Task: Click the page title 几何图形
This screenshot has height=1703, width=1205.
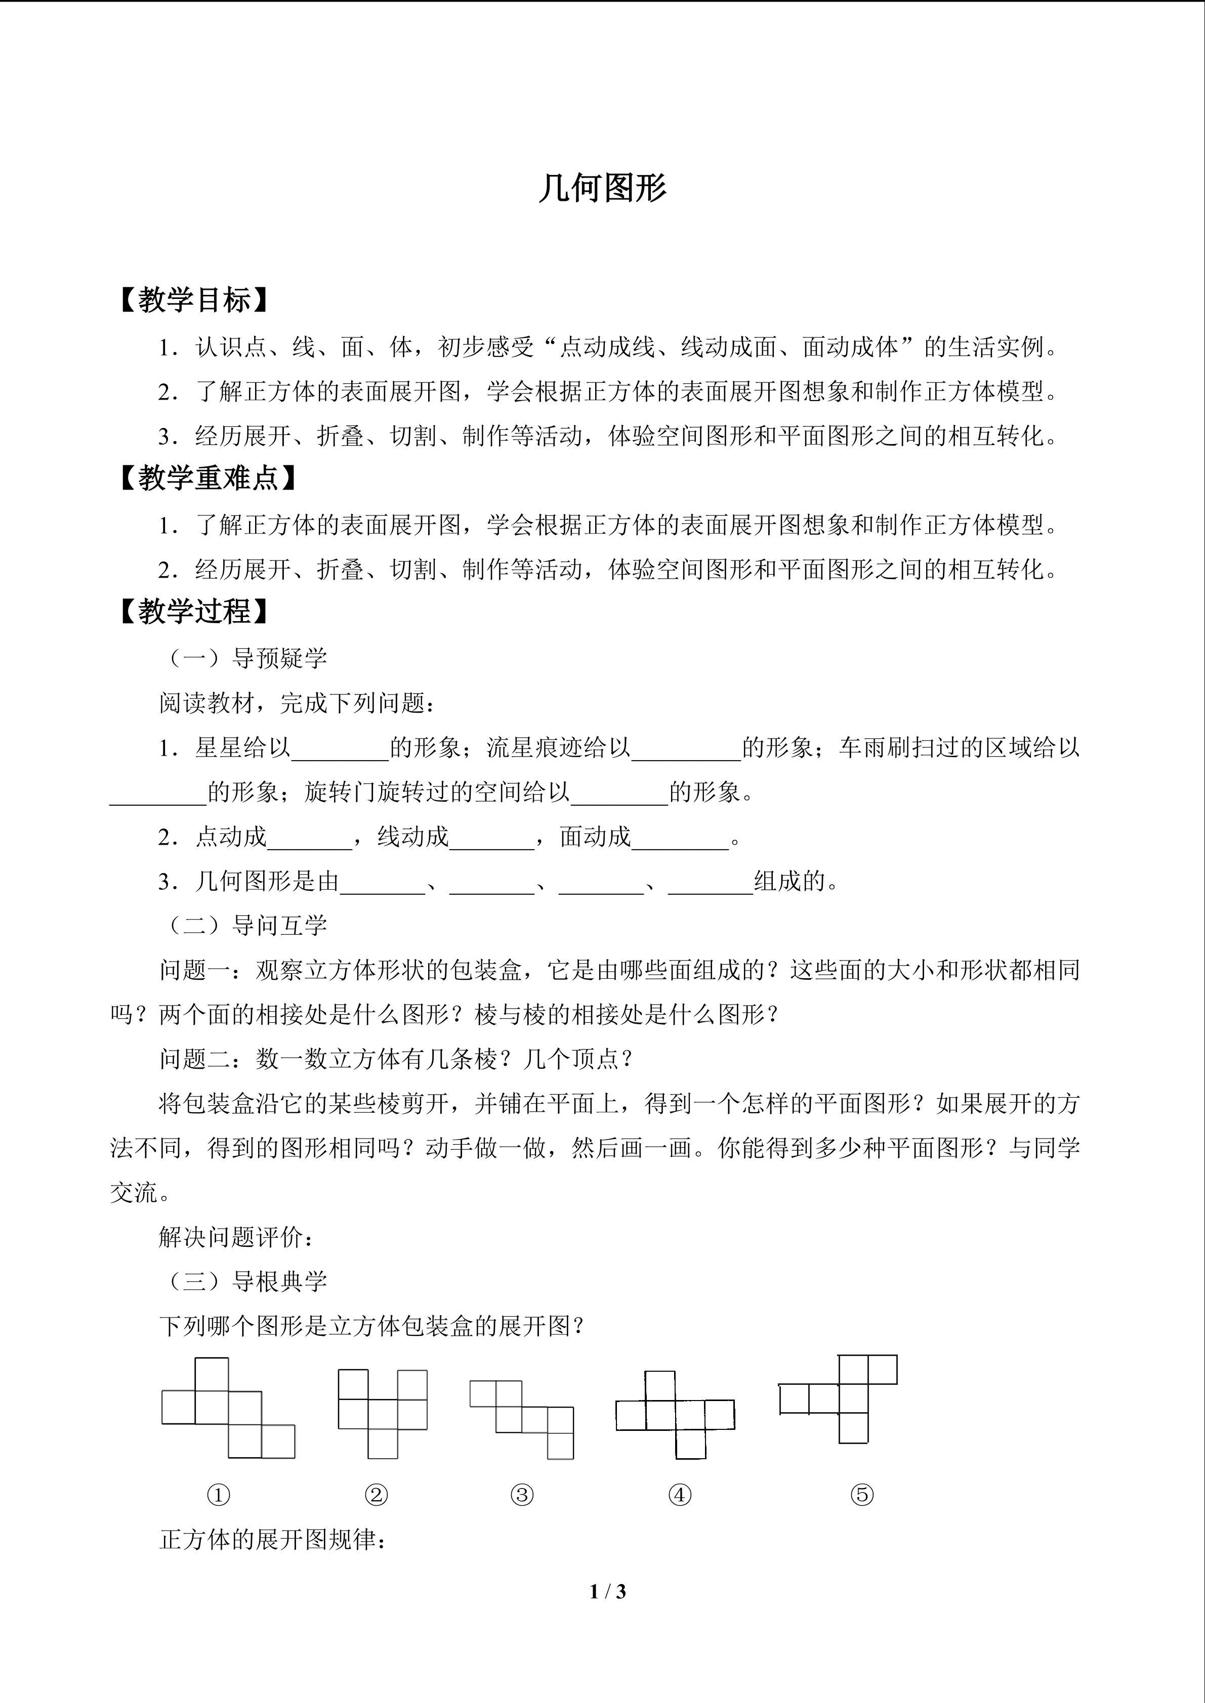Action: click(602, 188)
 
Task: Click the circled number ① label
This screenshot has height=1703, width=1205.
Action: click(218, 1495)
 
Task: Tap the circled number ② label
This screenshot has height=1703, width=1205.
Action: click(376, 1495)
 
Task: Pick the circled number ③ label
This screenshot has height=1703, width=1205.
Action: click(522, 1495)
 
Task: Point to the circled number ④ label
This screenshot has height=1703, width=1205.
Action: click(680, 1495)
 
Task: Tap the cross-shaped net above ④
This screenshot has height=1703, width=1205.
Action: click(675, 1415)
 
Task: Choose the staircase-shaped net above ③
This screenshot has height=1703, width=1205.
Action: click(522, 1418)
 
